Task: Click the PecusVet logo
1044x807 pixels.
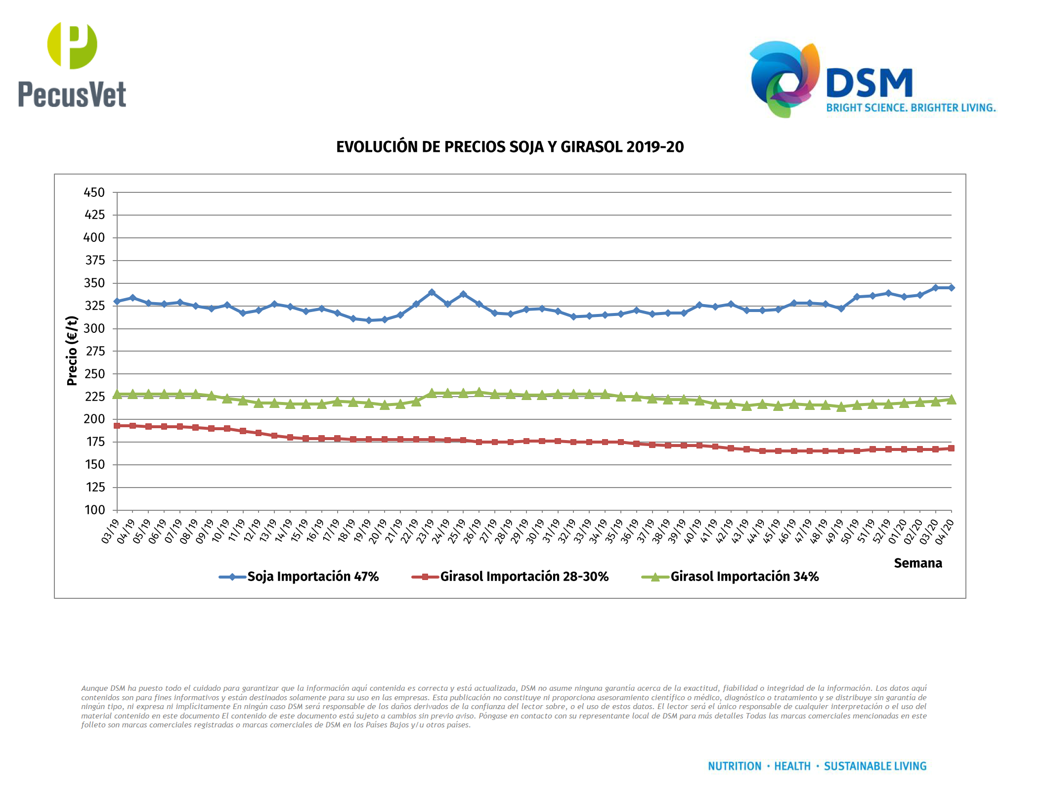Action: [x=72, y=64]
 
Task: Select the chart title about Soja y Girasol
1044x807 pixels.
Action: [x=510, y=147]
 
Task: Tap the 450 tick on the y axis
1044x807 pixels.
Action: [x=94, y=192]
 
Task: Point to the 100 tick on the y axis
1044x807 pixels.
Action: [x=94, y=510]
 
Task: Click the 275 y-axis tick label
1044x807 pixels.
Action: [x=95, y=351]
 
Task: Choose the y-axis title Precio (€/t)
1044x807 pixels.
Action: [x=72, y=351]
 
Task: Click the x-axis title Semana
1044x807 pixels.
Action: [x=917, y=563]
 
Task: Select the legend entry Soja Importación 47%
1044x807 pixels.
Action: [x=312, y=577]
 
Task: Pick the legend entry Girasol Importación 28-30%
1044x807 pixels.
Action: [x=524, y=577]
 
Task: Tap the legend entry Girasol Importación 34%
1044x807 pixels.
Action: [x=744, y=577]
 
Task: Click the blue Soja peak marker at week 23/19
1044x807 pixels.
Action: [x=432, y=292]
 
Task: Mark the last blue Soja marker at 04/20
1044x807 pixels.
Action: [x=951, y=287]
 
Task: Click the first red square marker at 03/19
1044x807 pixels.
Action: [x=117, y=426]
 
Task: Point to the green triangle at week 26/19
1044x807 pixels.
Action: [x=478, y=392]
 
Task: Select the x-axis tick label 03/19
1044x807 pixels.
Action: [x=110, y=532]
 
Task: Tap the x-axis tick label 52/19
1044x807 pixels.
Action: [x=881, y=532]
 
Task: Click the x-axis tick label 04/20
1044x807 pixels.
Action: [x=944, y=532]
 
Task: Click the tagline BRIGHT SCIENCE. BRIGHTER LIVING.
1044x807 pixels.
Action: [x=911, y=108]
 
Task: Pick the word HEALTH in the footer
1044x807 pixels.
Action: [x=792, y=766]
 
